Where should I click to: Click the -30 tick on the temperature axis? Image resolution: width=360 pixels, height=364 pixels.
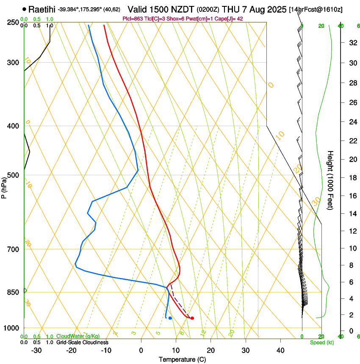(x=36, y=350)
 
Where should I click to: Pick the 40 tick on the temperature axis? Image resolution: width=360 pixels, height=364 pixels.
(x=280, y=350)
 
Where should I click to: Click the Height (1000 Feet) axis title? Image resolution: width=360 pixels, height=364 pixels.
(x=330, y=180)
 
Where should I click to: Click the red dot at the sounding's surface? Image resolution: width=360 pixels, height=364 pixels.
(x=192, y=318)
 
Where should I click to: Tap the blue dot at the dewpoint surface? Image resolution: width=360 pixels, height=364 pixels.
(x=170, y=318)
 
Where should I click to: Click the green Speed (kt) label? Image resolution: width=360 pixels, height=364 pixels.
(x=321, y=342)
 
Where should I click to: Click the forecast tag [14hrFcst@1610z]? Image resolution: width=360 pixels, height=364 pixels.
(x=316, y=9)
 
